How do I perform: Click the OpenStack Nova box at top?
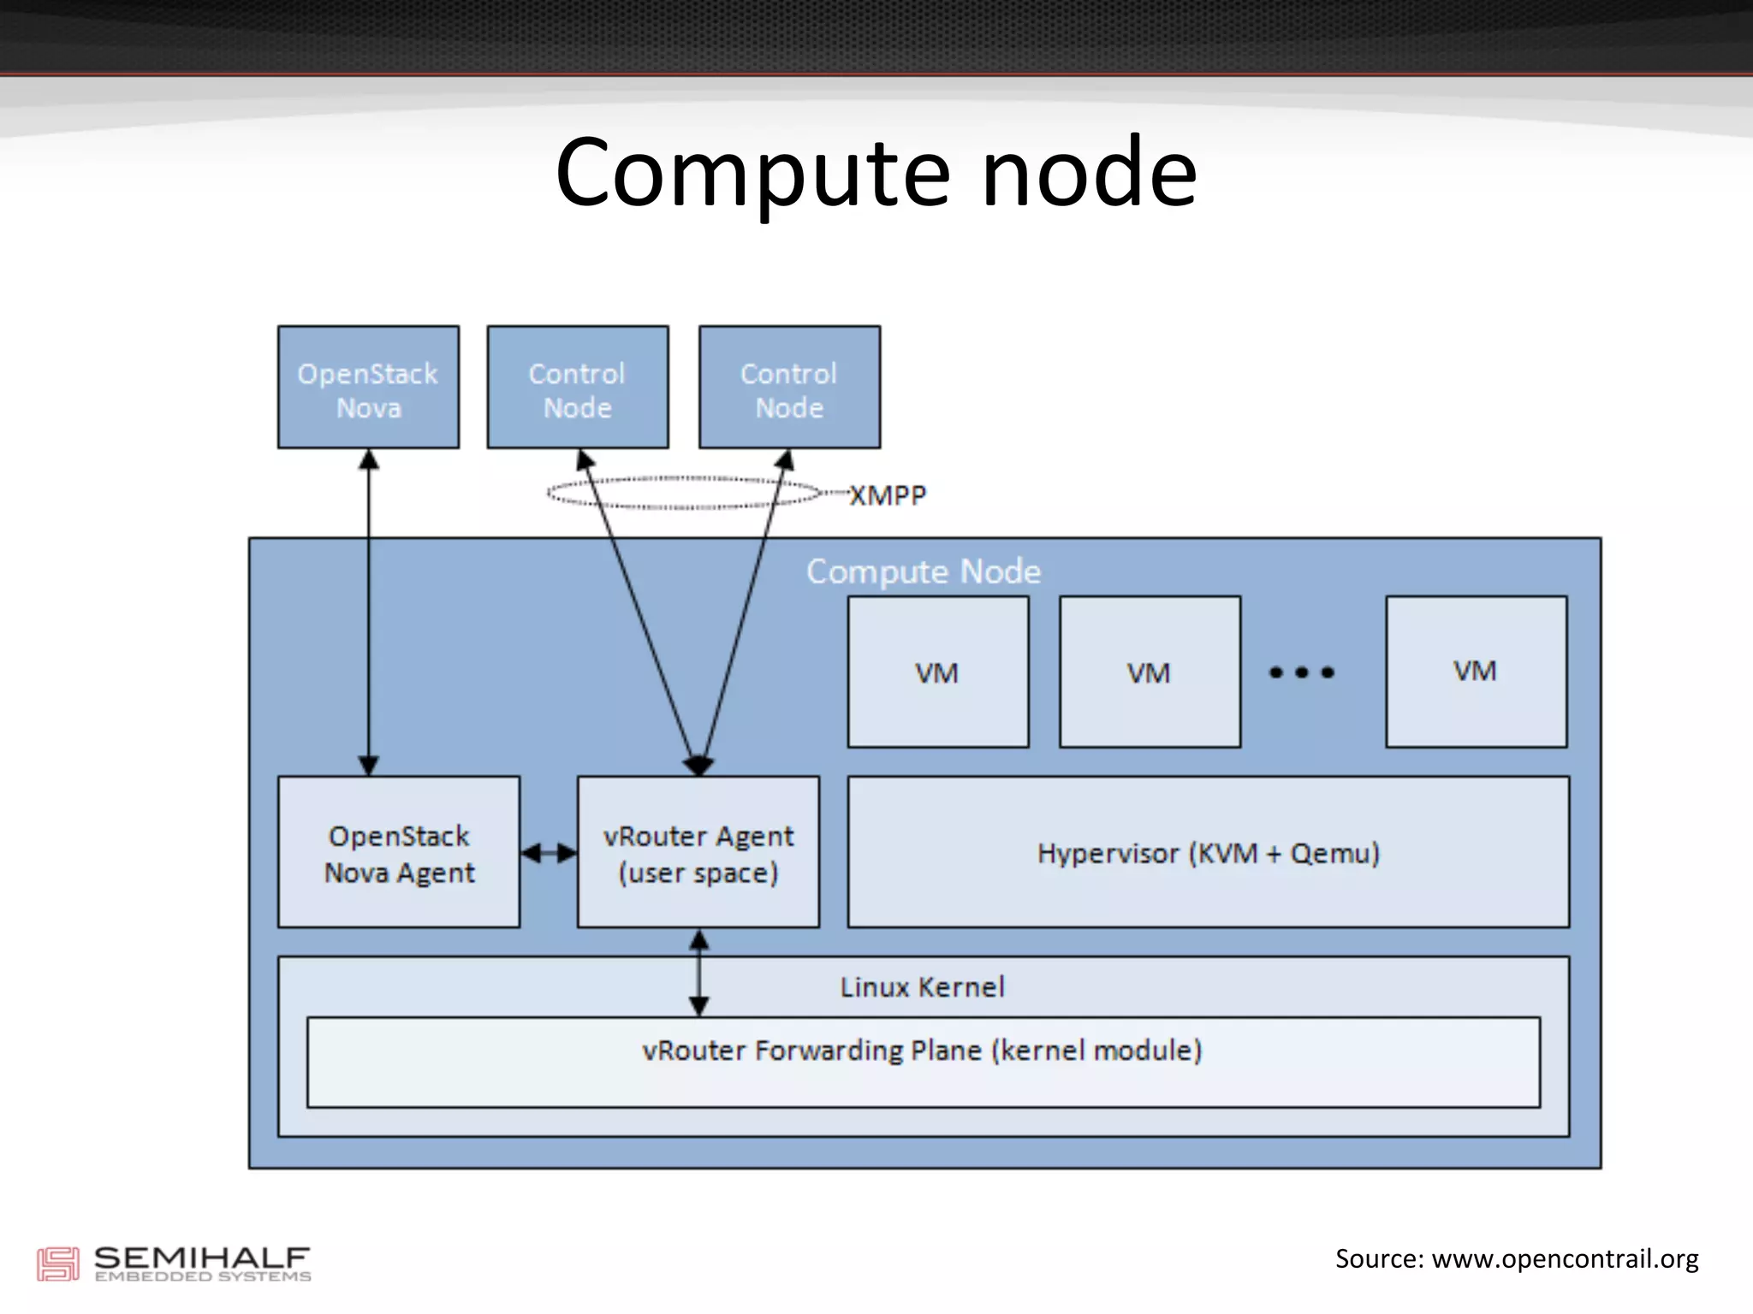368,388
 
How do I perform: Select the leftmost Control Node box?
578,388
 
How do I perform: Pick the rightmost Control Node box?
789,388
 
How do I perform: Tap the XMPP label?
888,495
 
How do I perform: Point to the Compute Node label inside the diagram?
923,571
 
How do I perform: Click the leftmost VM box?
938,672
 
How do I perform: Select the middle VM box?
1150,672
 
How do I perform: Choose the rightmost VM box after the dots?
1476,672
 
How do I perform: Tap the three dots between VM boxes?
1301,672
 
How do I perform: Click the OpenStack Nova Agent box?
399,853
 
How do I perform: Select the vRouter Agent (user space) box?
698,853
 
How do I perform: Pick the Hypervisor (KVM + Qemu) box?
1208,853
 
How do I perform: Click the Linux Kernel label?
922,987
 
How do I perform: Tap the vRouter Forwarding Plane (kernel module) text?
922,1051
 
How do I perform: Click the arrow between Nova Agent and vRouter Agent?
549,853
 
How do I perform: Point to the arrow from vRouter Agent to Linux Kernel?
699,973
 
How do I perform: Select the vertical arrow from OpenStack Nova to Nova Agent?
369,612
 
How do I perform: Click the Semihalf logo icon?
57,1264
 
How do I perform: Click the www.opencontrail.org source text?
1565,1259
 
